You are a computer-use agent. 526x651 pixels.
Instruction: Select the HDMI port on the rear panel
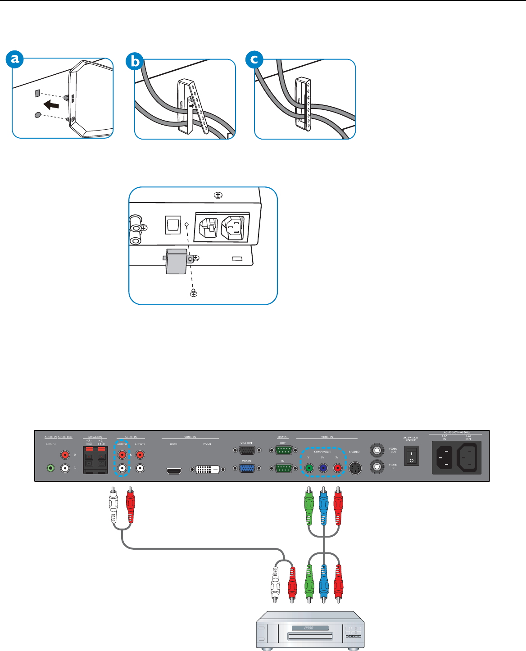[x=174, y=471]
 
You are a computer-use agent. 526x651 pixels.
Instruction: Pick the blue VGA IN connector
[x=246, y=468]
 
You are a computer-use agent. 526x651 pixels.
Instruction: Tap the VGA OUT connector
[x=246, y=450]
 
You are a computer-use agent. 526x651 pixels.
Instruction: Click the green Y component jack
[x=309, y=468]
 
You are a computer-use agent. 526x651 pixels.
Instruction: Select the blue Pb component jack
[x=323, y=468]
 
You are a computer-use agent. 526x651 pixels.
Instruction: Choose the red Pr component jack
[x=338, y=468]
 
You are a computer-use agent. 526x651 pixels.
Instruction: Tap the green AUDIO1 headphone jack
[x=51, y=468]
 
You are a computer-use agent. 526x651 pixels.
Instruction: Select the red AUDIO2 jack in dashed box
[x=122, y=455]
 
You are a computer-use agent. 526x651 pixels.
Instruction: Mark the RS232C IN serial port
[x=283, y=468]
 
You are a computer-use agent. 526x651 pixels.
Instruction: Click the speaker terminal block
[x=95, y=460]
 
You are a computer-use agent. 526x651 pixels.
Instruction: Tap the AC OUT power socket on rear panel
[x=468, y=457]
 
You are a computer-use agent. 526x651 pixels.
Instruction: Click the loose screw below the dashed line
[x=194, y=293]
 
